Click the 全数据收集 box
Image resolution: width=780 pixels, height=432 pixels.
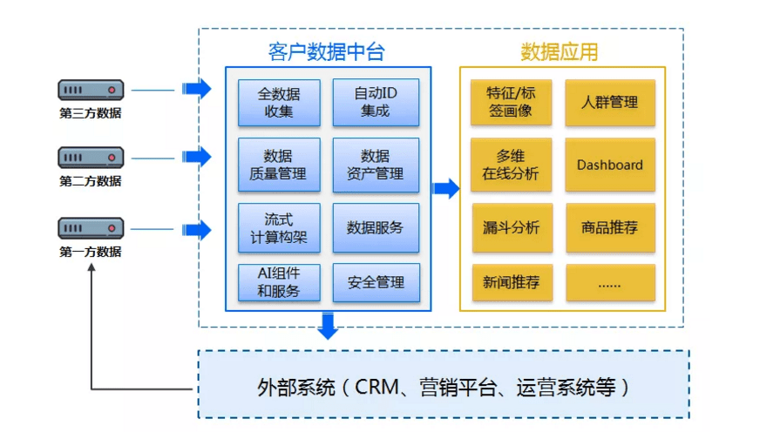(x=279, y=102)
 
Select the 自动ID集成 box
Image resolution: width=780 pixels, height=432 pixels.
(x=376, y=102)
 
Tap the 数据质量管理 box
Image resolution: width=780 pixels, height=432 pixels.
(x=279, y=165)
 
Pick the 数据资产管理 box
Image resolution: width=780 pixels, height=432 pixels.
(x=376, y=165)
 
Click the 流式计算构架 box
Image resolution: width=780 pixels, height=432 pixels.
(x=279, y=227)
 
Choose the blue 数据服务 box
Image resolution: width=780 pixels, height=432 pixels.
(x=376, y=227)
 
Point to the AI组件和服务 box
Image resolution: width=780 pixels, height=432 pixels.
(x=279, y=282)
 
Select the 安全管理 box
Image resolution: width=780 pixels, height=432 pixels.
(x=376, y=282)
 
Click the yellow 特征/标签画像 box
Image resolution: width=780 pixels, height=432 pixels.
(x=511, y=102)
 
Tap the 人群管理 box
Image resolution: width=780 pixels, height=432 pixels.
(x=610, y=102)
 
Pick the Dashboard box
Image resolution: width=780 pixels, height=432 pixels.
(x=610, y=165)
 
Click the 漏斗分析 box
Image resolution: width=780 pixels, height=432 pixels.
(x=511, y=227)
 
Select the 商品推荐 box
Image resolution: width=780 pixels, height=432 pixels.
(x=610, y=227)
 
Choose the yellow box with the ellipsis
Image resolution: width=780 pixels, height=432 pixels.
(x=610, y=282)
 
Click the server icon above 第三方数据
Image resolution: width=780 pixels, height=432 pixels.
(x=91, y=89)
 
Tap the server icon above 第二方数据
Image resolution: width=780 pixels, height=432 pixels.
(x=91, y=158)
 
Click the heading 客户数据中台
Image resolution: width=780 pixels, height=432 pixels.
(x=326, y=51)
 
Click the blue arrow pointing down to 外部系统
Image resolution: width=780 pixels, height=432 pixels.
(x=328, y=325)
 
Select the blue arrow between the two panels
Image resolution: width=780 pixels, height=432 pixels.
(x=445, y=188)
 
